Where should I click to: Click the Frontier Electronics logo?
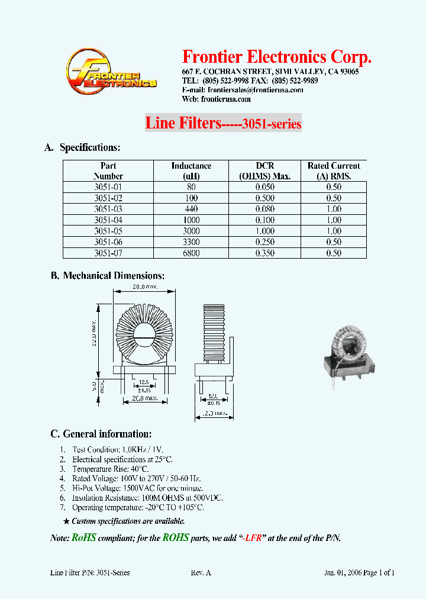coord(111,72)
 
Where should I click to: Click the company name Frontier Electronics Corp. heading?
coord(277,57)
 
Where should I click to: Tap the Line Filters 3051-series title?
coord(223,124)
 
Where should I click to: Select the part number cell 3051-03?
coord(108,209)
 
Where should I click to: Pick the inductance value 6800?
coord(191,253)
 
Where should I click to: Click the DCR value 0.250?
coord(264,242)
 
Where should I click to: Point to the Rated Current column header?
coord(334,170)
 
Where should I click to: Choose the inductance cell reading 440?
coord(191,209)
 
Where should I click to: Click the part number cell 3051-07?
coord(108,253)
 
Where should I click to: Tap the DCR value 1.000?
coord(264,231)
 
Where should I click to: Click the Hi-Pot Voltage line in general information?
coord(137,488)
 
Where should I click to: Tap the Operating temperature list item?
coord(138,508)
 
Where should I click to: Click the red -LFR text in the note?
coord(253,538)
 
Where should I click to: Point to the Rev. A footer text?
coord(201,572)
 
